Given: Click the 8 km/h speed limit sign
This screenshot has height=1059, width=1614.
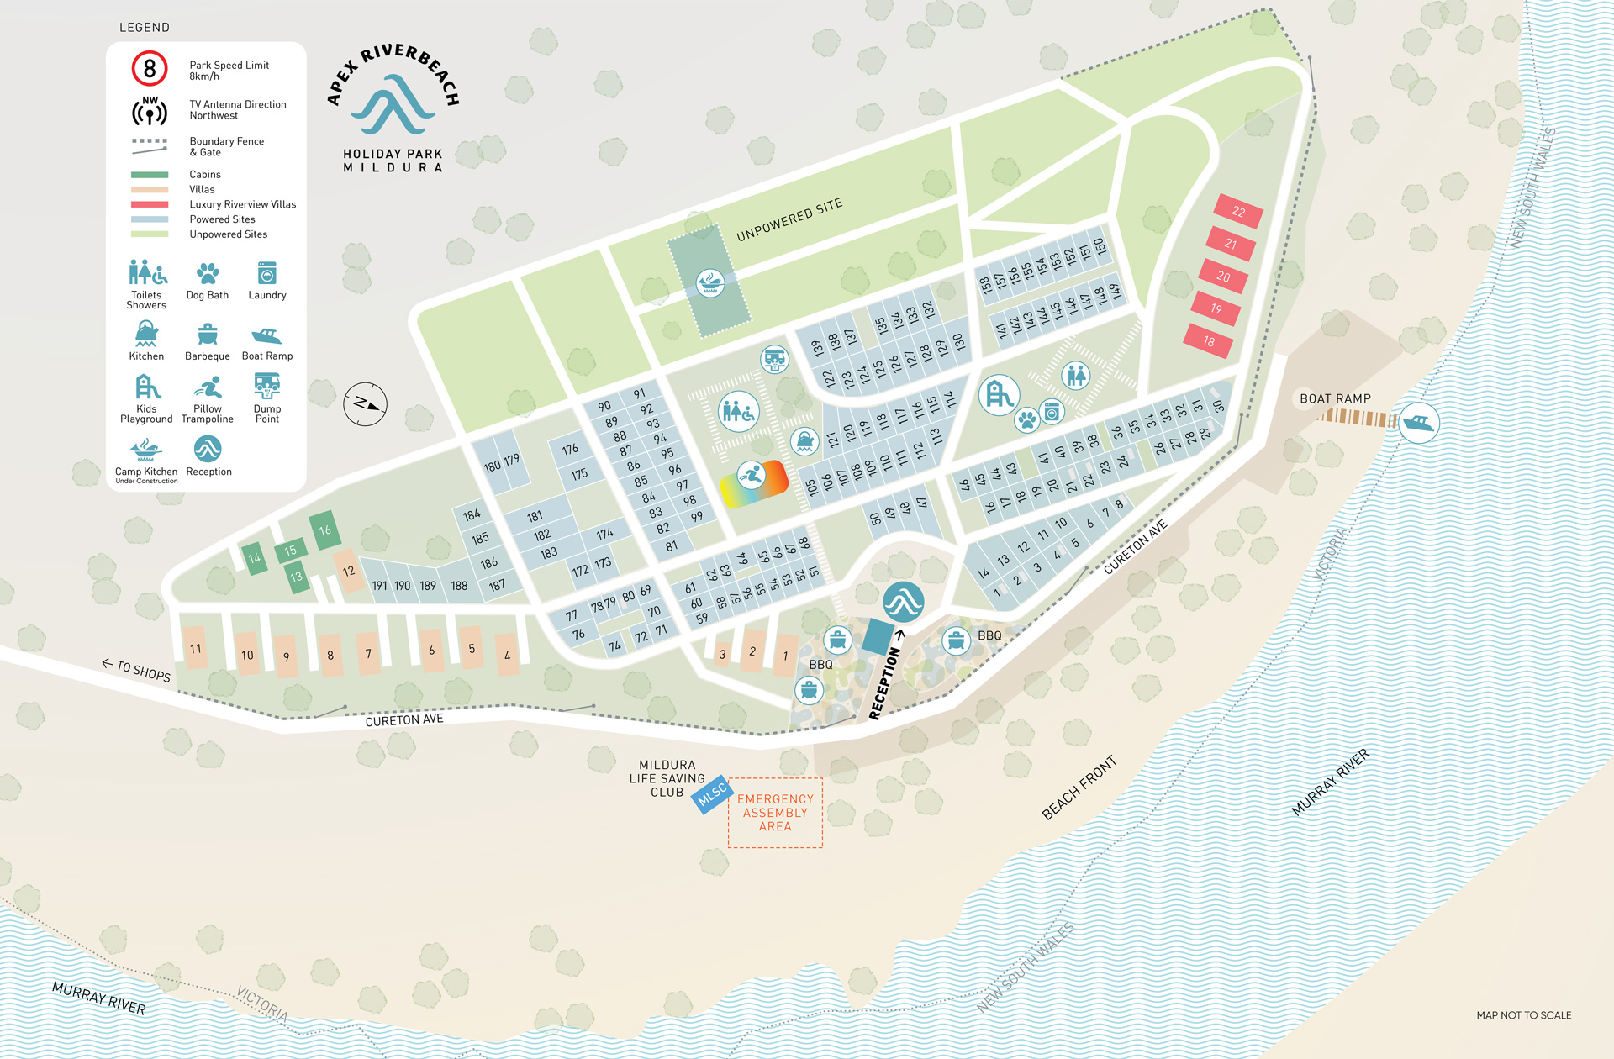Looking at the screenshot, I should coord(150,69).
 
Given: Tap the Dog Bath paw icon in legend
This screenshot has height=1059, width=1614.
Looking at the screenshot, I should coord(208,273).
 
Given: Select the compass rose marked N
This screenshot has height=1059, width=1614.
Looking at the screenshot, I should coord(365,404).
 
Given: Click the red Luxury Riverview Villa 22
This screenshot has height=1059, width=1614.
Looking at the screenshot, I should coord(1238,211).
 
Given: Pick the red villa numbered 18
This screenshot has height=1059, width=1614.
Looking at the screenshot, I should coord(1208,340).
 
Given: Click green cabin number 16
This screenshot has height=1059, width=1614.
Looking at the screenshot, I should coord(325,530).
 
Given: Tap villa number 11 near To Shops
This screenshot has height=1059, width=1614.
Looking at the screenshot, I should coord(196,648).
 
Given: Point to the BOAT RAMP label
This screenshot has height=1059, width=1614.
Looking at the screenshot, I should coord(1335,398).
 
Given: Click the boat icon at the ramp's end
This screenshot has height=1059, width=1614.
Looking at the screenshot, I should coord(1417,423).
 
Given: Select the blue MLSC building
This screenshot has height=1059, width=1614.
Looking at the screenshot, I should coord(712,793).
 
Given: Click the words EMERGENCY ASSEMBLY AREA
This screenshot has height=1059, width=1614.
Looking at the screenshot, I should coord(775,813).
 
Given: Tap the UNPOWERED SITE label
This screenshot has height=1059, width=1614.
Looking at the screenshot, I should coord(789,220).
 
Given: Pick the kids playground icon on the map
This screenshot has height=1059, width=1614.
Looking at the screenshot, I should coord(999,394).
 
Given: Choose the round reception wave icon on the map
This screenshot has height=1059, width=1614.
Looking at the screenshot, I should coord(904,602).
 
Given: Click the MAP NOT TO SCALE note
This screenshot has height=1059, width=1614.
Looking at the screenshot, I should coord(1523,1015).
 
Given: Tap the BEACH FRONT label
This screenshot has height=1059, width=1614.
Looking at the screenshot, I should coord(1079,788).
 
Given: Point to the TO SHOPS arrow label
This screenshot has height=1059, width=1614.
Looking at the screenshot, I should coord(137,669).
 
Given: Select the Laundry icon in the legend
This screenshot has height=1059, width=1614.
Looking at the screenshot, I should coord(266,273).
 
